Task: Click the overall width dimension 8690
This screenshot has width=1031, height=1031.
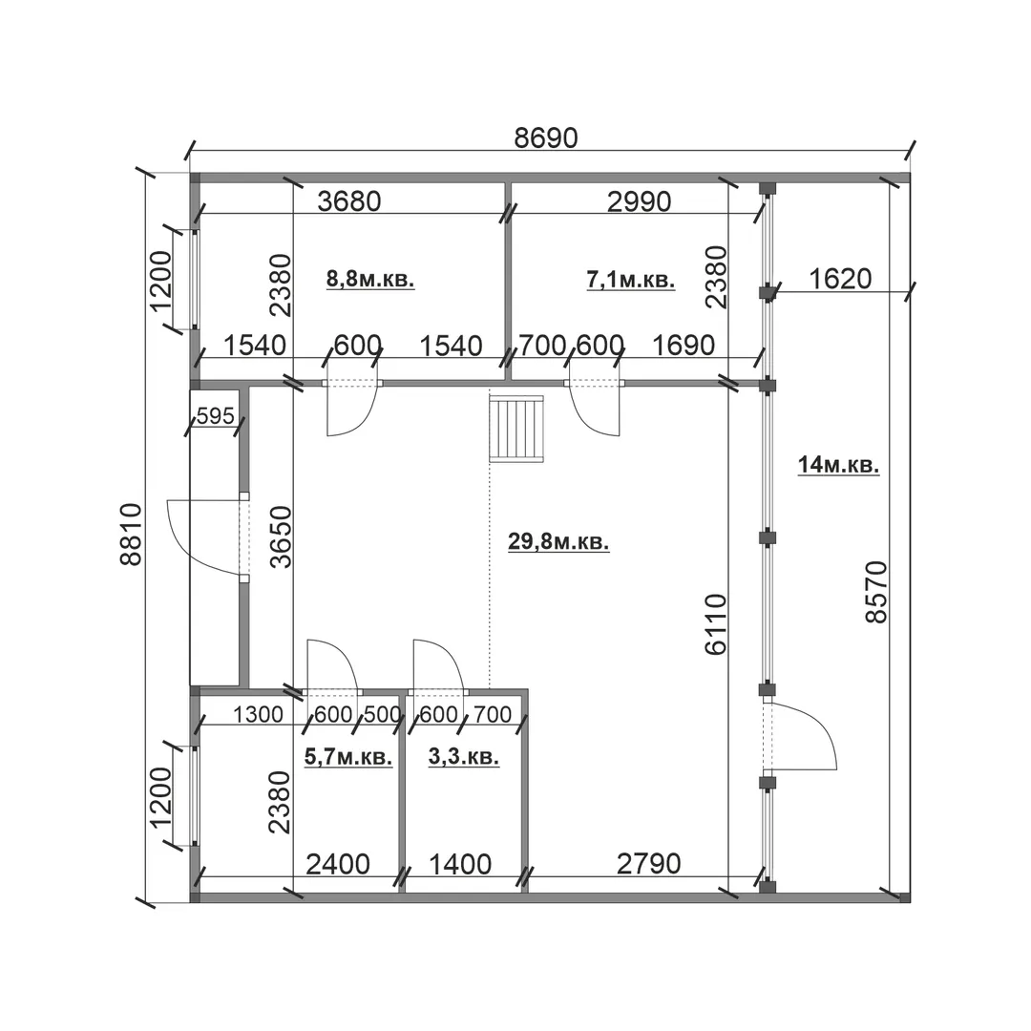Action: coord(546,138)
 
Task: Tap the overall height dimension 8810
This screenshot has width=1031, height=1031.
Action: coord(132,534)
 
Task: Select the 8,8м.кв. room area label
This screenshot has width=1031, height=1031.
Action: coord(370,279)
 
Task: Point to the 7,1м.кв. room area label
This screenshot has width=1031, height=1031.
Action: coord(631,280)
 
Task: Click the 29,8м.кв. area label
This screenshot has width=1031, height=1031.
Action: coord(558,542)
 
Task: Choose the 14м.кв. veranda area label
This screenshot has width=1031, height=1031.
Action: coord(838,465)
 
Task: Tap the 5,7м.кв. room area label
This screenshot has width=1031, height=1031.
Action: coord(348,757)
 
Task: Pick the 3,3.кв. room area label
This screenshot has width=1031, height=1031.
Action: coord(464,757)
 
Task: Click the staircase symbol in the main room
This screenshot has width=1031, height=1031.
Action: coord(517,428)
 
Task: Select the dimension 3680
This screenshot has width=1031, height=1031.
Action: coord(349,201)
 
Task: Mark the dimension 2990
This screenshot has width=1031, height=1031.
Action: coord(639,201)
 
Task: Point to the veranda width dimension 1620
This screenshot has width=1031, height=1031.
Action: coord(840,280)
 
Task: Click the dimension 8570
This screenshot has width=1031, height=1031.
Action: coord(876,592)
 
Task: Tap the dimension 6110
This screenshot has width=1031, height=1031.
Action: coord(716,624)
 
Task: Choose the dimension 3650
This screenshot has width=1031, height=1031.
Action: coord(282,537)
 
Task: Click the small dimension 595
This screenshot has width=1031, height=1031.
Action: coord(215,415)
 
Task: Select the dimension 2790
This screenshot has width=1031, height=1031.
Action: coord(649,864)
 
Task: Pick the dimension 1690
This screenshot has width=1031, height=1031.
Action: coord(684,346)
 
